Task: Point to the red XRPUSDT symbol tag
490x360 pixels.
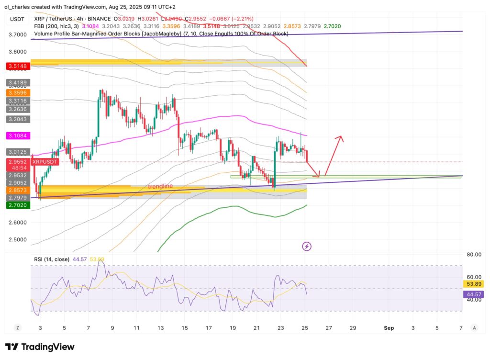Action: click(45, 162)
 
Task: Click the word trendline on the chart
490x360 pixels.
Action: click(160, 186)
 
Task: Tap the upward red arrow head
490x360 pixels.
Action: click(340, 138)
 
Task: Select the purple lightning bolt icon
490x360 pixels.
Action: click(307, 247)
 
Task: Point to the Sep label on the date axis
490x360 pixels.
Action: click(389, 328)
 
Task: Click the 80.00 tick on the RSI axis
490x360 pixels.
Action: click(474, 255)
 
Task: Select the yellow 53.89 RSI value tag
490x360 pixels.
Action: click(474, 284)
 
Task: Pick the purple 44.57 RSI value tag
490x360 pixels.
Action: click(474, 294)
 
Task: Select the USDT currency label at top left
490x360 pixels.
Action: click(18, 20)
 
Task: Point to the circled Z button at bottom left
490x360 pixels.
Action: click(17, 328)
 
